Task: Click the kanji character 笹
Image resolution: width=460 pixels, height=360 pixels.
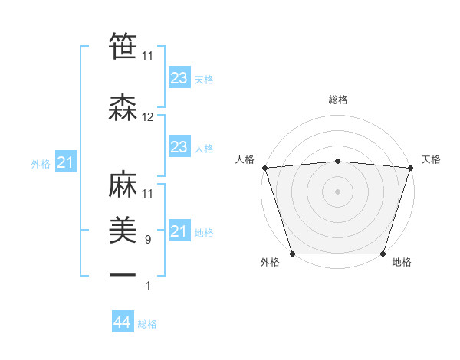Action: coord(123,45)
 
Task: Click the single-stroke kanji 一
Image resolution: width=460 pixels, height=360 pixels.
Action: coord(123,274)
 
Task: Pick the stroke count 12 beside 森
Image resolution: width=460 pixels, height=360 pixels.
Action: coord(148,117)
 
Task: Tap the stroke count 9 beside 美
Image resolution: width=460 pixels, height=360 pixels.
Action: coord(148,240)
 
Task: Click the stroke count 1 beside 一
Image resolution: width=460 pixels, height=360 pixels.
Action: coord(148,286)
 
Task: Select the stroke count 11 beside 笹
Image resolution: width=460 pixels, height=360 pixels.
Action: coord(148,56)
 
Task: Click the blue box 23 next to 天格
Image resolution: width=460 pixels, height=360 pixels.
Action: coord(179,78)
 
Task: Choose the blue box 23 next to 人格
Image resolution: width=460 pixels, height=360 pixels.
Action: coord(179,147)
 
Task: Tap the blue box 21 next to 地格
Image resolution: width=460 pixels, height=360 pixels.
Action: coord(179,231)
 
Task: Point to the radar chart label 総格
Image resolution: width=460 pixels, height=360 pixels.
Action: coord(338,100)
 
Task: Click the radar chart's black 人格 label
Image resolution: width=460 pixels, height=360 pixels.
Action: coord(245,159)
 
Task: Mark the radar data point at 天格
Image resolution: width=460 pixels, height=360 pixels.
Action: coord(411,168)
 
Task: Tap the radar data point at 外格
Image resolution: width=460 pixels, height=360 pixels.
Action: coord(292,254)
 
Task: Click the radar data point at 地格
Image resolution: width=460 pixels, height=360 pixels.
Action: coord(383,254)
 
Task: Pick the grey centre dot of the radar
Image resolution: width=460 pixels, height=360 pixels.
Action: coord(338,191)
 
